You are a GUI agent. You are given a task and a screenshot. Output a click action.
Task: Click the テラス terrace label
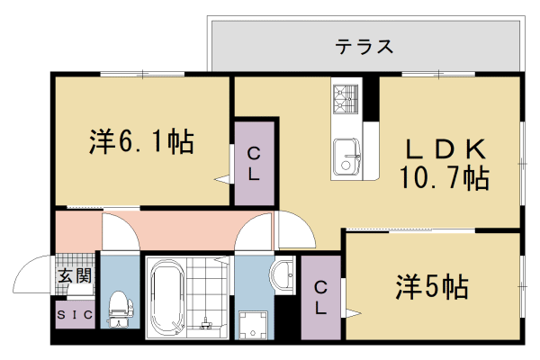click(364, 47)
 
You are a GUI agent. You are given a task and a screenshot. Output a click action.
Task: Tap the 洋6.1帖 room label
click(141, 141)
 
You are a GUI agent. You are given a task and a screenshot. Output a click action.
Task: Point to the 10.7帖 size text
click(445, 177)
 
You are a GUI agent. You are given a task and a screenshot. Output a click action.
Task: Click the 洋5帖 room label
click(431, 287)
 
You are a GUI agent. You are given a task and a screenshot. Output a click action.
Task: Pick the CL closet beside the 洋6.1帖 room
click(255, 163)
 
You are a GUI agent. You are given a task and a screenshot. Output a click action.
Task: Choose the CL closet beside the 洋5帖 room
click(320, 297)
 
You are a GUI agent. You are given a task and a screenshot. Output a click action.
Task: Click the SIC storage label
click(75, 315)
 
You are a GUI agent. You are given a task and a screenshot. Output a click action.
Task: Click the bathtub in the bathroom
click(167, 297)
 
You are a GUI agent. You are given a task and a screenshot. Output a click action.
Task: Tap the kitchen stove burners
click(346, 98)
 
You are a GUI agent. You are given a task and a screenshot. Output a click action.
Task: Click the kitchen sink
click(346, 157)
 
